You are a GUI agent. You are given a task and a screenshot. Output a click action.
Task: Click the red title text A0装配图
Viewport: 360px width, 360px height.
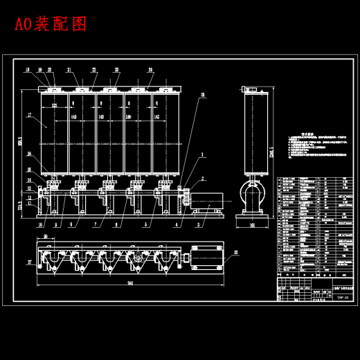51,25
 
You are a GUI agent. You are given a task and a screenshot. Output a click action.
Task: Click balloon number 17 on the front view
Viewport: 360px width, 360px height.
30,115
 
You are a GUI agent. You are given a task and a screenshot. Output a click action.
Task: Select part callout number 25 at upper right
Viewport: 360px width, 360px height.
203,95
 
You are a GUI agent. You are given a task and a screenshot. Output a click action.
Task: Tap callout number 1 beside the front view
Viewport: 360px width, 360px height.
202,155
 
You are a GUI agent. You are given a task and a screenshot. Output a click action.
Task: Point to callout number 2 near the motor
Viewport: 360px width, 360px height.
203,179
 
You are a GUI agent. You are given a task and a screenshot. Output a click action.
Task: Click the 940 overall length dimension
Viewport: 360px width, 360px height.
129,283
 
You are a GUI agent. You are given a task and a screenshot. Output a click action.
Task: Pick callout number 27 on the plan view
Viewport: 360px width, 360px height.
30,262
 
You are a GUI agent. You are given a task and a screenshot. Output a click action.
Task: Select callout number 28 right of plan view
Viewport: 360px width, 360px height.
235,253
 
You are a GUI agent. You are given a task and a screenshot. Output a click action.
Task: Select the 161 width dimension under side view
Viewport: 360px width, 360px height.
252,225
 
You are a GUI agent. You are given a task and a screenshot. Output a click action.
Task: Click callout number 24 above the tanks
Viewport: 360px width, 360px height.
150,70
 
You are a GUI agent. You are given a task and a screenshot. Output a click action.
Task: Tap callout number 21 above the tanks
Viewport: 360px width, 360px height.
69,70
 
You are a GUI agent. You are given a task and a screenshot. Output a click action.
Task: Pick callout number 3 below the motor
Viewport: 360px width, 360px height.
199,224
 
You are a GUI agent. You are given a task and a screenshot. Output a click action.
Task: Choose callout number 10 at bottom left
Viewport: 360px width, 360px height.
40,224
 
